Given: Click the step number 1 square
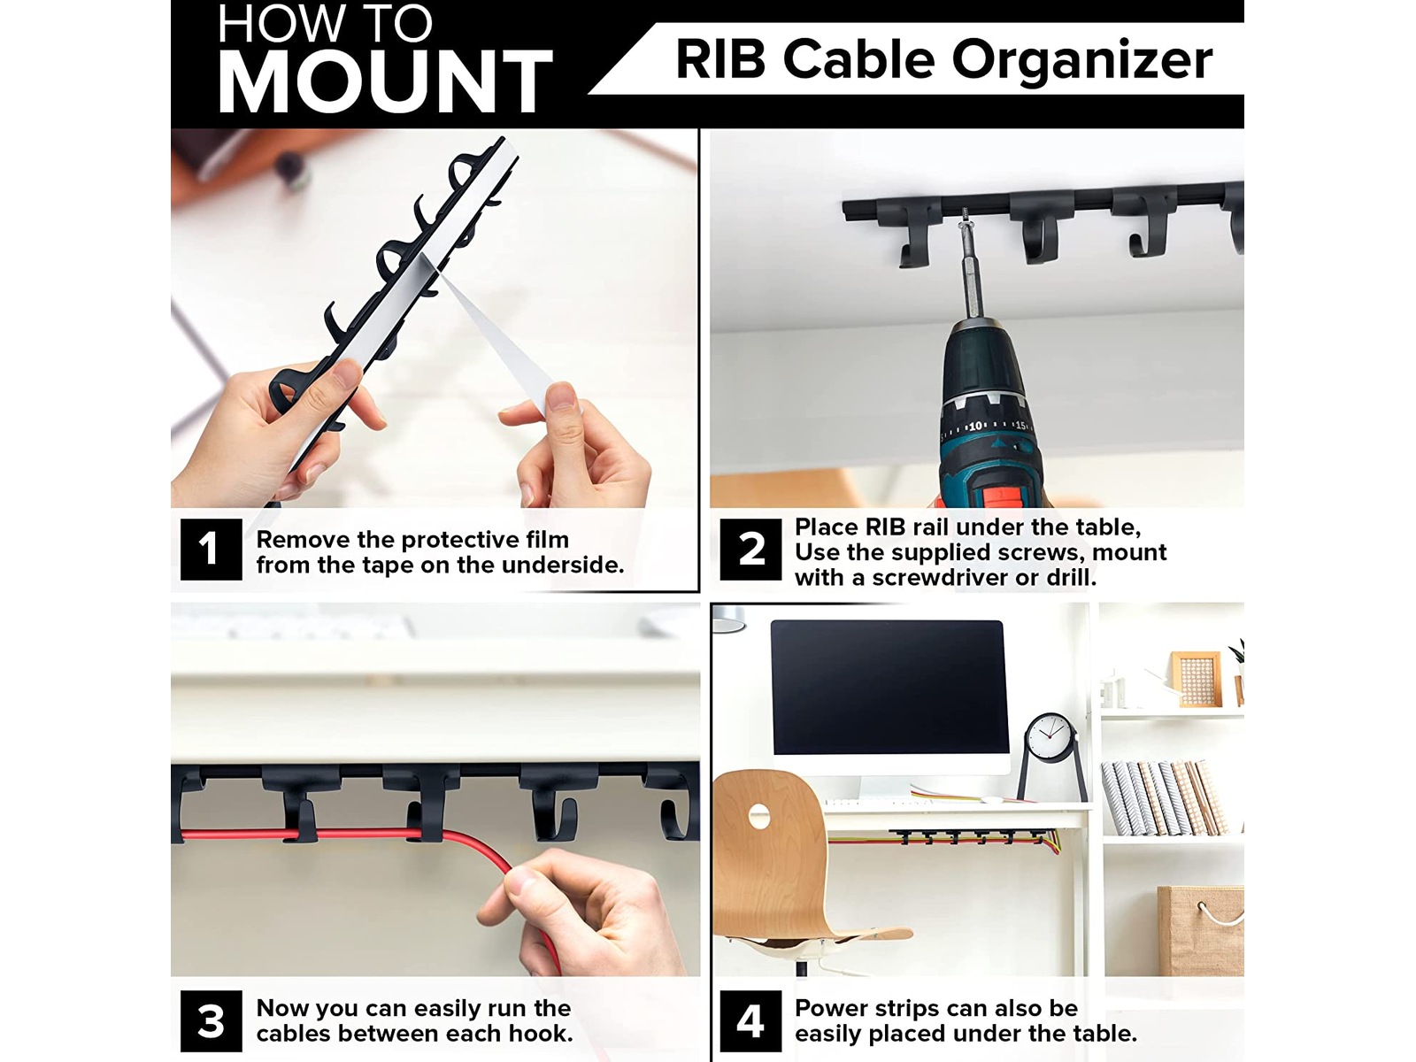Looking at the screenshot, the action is [211, 550].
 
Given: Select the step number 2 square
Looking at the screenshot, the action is [750, 550].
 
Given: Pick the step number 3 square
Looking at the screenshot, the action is [211, 1020].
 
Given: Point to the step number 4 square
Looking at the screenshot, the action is [750, 1020].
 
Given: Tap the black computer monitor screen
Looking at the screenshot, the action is [889, 688].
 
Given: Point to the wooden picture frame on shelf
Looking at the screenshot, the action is [1197, 679].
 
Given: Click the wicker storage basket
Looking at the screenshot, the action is [1201, 930].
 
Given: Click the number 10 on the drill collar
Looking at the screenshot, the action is [975, 426].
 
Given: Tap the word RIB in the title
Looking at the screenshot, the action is [720, 59].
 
